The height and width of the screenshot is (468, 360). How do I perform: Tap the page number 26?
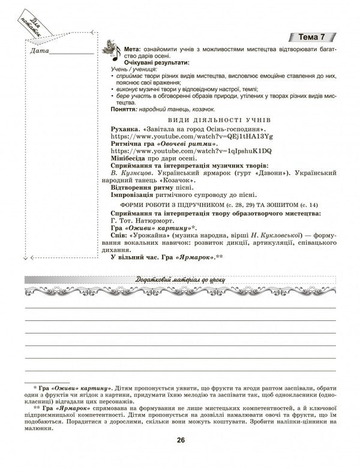coord(180,442)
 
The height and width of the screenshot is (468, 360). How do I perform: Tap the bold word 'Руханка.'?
coord(127,129)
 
